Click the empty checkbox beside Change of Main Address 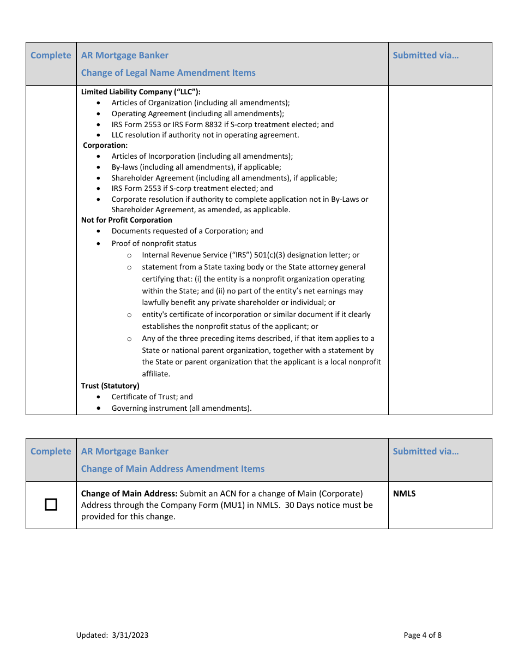51,505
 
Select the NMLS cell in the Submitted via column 404,494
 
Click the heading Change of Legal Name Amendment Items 168,73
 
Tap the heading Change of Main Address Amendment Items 172,469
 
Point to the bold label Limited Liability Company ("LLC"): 141,92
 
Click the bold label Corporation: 105,145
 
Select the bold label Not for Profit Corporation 127,220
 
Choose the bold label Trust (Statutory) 110,386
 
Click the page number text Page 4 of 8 423,634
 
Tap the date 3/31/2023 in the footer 130,634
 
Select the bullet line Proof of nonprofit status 154,243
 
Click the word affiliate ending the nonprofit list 156,374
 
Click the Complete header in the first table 51,55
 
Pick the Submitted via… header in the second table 425,451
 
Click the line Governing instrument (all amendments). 182,408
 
